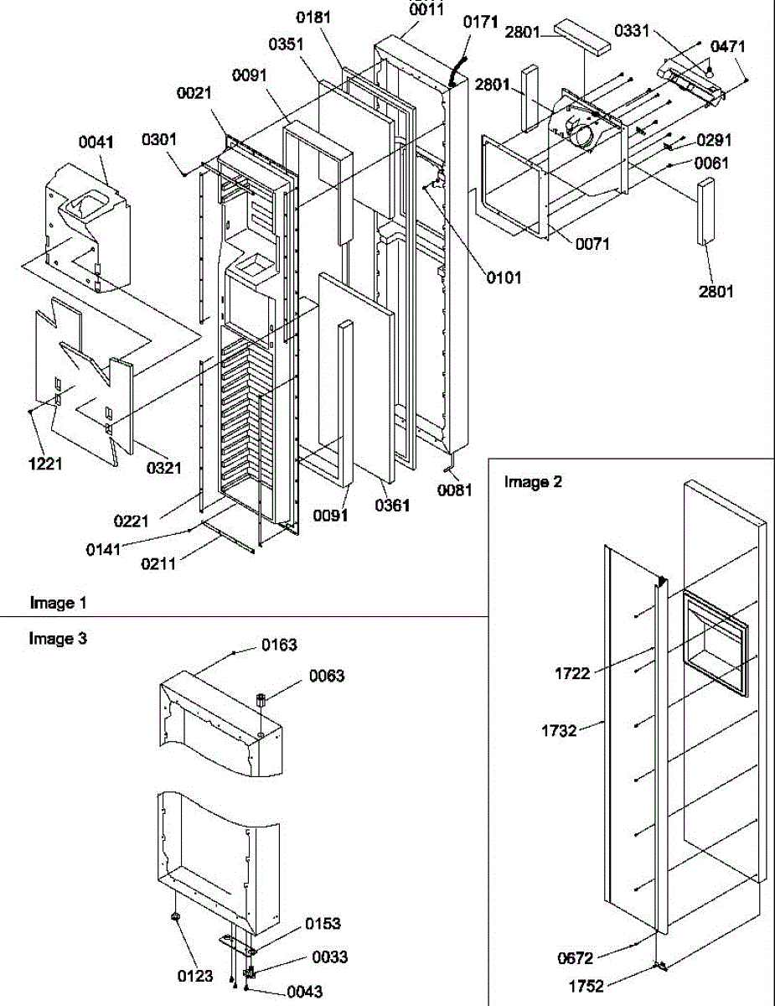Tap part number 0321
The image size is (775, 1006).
click(164, 468)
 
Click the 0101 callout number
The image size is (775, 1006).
click(503, 277)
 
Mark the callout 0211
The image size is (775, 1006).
click(158, 563)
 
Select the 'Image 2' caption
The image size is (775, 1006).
click(532, 481)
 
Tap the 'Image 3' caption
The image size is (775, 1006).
click(57, 638)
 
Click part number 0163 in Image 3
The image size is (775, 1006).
click(279, 645)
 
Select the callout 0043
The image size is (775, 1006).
click(304, 992)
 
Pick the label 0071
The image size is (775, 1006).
click(592, 244)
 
